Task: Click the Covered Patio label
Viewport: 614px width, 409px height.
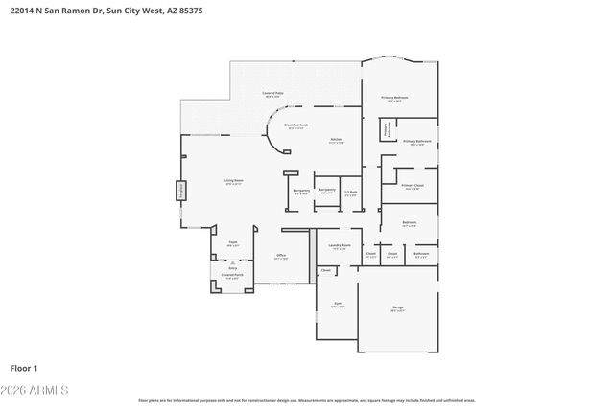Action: click(272, 94)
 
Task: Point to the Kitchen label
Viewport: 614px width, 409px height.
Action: click(337, 141)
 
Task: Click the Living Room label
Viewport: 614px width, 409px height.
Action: click(233, 179)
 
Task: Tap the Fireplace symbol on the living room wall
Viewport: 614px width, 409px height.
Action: click(179, 191)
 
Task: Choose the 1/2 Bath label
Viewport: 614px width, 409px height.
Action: click(351, 193)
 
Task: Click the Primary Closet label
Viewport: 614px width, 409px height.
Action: click(413, 185)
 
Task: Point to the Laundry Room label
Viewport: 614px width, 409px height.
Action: click(339, 245)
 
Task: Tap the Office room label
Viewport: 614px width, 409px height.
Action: click(281, 255)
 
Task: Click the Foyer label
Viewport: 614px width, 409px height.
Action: click(232, 243)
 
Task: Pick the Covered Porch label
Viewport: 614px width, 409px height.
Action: click(232, 275)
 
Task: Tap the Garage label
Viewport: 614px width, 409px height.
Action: click(397, 307)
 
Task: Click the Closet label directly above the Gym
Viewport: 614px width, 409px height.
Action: click(326, 270)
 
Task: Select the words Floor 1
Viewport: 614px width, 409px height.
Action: click(24, 367)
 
